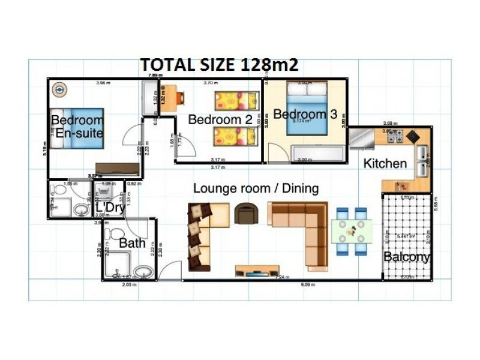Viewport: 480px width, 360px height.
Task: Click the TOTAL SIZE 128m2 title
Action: click(219, 65)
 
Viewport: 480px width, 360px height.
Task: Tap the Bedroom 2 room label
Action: click(220, 119)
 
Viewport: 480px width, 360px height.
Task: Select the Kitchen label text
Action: click(385, 163)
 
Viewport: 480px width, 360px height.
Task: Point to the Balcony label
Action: click(407, 257)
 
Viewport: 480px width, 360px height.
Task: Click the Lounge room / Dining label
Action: click(256, 188)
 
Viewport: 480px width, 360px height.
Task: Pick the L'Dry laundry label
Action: click(110, 208)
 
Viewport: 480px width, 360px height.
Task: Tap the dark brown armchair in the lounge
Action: click(245, 213)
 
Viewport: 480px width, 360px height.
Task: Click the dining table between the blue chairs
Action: click(352, 231)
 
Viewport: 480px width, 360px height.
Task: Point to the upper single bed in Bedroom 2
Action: click(235, 100)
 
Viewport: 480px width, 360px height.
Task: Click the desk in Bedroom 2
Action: click(170, 98)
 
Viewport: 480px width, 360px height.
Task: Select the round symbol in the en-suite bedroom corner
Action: click(59, 89)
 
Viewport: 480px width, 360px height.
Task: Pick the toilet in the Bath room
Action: click(117, 234)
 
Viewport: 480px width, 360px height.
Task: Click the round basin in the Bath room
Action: click(142, 272)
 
